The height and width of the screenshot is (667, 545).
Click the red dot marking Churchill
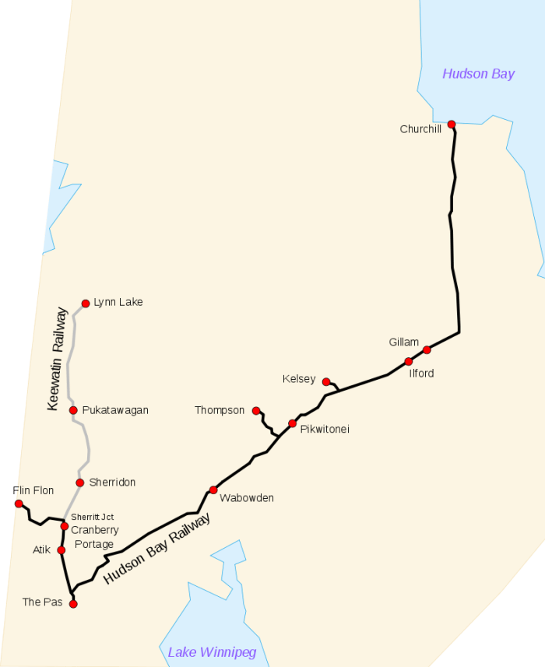click(x=452, y=124)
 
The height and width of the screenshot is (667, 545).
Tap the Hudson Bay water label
click(x=478, y=74)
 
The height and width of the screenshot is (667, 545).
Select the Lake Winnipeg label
click(x=212, y=652)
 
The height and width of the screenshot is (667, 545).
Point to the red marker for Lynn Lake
click(x=86, y=304)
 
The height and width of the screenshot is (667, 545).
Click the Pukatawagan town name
click(x=114, y=410)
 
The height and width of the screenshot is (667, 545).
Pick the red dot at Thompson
click(x=256, y=410)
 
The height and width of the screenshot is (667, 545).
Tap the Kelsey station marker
click(x=326, y=381)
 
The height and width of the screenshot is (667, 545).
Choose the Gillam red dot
click(x=427, y=349)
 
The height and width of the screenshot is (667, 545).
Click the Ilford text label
click(x=421, y=374)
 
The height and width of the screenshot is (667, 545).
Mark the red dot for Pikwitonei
click(x=293, y=423)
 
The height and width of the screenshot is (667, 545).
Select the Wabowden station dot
click(x=213, y=490)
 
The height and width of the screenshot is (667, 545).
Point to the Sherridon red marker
click(x=80, y=483)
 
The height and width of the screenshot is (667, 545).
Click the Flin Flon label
click(x=33, y=490)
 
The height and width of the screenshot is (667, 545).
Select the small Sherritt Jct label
click(x=92, y=517)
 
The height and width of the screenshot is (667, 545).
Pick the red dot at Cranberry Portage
click(x=65, y=527)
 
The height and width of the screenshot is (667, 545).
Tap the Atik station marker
click(x=62, y=550)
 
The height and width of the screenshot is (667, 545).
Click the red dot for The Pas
click(x=73, y=603)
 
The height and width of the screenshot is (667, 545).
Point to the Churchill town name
click(x=420, y=129)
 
